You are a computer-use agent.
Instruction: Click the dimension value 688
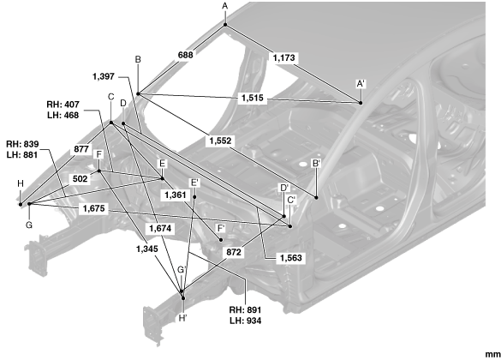point(185,55)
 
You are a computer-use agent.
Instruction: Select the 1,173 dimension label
point(284,58)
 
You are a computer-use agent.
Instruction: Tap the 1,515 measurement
point(253,98)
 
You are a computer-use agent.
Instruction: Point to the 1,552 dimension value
point(220,141)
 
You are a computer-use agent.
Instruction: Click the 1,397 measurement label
point(104,77)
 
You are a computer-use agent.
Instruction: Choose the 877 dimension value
point(81,149)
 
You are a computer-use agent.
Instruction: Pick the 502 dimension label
point(80,179)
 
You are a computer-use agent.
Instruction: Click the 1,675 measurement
point(94,208)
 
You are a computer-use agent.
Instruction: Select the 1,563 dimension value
point(291,258)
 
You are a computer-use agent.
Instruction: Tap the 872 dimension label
point(234,252)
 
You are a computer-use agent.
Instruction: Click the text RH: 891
point(245,309)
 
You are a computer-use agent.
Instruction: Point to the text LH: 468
point(63,115)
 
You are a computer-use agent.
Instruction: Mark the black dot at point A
point(225,25)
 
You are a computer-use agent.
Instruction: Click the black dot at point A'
point(361,103)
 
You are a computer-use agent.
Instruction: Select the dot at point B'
point(316,198)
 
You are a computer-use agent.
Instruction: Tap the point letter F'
point(221,228)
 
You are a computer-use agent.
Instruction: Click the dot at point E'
point(194,197)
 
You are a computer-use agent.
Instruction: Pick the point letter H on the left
point(21,183)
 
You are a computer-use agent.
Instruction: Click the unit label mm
point(493,355)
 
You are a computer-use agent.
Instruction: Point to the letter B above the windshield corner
point(138,59)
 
